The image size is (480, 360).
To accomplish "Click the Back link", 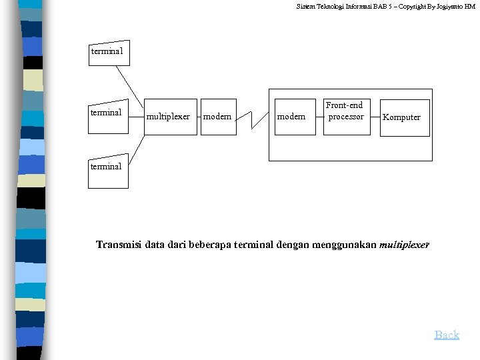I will coord(447,335).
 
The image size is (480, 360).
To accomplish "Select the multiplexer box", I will coord(170,117).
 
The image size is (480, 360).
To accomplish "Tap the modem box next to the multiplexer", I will coord(218,117).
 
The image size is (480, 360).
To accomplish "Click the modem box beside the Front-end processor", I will coord(295,117).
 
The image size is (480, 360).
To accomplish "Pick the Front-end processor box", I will coord(346,116).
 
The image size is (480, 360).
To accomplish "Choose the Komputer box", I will coord(404,117).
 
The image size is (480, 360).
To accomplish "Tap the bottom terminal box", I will coord(106,170).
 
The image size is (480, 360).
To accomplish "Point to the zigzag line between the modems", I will coord(252,119).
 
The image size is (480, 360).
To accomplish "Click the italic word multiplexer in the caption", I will coord(405,245).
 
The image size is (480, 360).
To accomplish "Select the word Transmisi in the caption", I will coord(118,245).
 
